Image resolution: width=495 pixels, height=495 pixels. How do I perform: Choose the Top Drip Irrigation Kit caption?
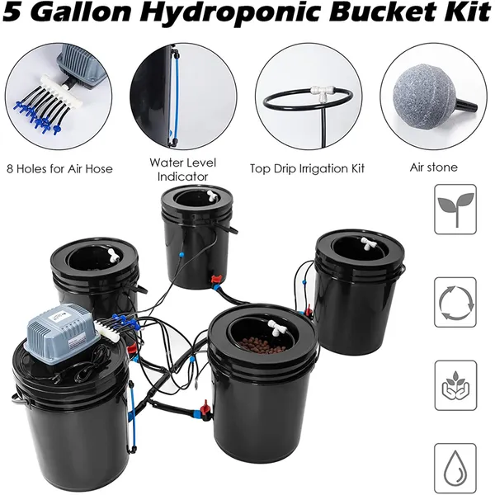pos(307,168)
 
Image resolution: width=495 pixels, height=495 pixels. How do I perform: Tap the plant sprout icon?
pos(455,210)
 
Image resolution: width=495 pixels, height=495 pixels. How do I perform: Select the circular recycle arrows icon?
pos(455,302)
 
